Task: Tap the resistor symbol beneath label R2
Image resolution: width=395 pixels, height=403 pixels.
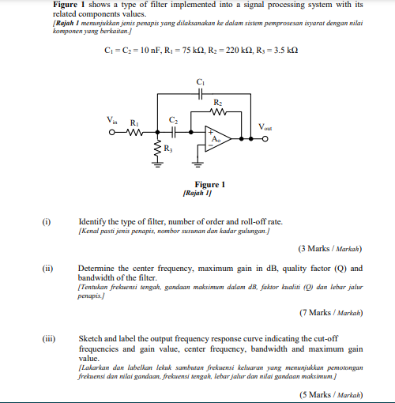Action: [x=220, y=111]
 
